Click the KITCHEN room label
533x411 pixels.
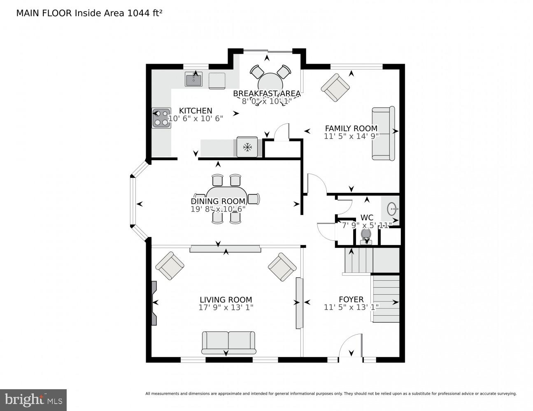point(196,111)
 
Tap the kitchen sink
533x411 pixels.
point(193,79)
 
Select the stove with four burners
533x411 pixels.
point(161,118)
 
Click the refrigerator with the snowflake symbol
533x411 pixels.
point(247,147)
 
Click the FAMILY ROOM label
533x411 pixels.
point(351,128)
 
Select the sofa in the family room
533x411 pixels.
point(383,134)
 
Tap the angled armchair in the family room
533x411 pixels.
point(335,88)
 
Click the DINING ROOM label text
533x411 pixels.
point(218,201)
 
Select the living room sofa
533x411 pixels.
point(228,342)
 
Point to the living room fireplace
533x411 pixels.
point(154,303)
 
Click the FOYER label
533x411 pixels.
point(351,300)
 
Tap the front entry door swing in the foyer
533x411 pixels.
point(351,346)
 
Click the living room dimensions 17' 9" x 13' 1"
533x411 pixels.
point(226,307)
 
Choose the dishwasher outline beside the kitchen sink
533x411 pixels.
point(217,80)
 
